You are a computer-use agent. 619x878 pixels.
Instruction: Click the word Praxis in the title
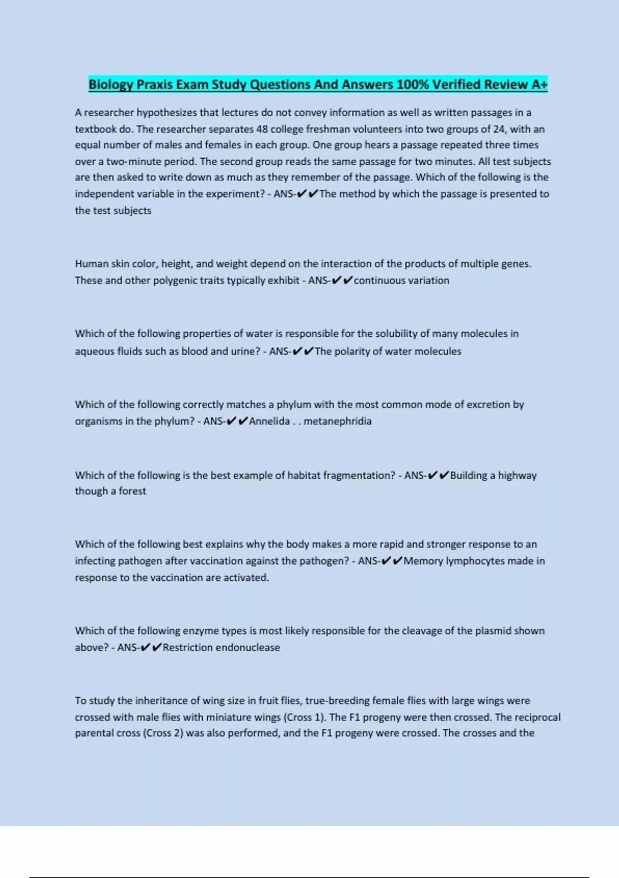pos(154,84)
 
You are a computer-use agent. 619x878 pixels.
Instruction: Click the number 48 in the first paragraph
pos(262,129)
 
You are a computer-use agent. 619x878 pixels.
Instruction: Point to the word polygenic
pos(176,280)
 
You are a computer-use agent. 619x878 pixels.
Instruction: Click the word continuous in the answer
pos(379,280)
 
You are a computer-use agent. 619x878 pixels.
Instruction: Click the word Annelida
pos(269,421)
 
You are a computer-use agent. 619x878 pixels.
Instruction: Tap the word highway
pos(517,475)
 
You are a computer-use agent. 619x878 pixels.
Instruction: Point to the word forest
pos(133,491)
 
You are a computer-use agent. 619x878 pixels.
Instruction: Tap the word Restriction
pos(187,648)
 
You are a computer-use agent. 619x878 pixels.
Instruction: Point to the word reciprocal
pos(537,717)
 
